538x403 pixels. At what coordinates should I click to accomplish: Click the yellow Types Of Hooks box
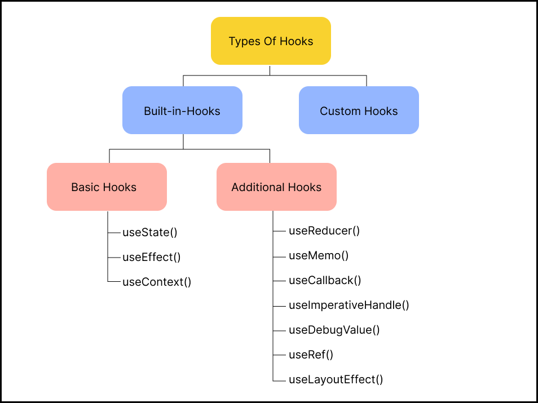coord(271,41)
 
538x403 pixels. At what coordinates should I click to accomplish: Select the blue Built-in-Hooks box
coord(182,110)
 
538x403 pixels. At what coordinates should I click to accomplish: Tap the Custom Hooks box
coord(359,110)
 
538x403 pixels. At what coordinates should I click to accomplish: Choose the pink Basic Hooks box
coord(107,187)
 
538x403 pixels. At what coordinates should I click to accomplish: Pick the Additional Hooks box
coord(276,187)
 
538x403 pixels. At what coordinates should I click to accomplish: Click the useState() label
coord(145,232)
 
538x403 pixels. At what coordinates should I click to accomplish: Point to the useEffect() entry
coord(151,257)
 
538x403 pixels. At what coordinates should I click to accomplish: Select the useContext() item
coord(157,282)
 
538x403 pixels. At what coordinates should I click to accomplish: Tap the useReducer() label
coord(324,231)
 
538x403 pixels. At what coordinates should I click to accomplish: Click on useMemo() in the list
coord(319,255)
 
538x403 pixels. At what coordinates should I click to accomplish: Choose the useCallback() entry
coord(325,280)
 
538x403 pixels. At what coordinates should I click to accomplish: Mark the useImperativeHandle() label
coord(349,305)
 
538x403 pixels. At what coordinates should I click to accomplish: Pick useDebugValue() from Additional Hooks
coord(334,330)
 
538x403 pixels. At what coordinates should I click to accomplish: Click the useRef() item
coord(311,355)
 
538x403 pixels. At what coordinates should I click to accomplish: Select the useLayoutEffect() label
coord(336,379)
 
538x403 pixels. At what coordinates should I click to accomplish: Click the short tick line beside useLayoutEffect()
coord(279,382)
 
